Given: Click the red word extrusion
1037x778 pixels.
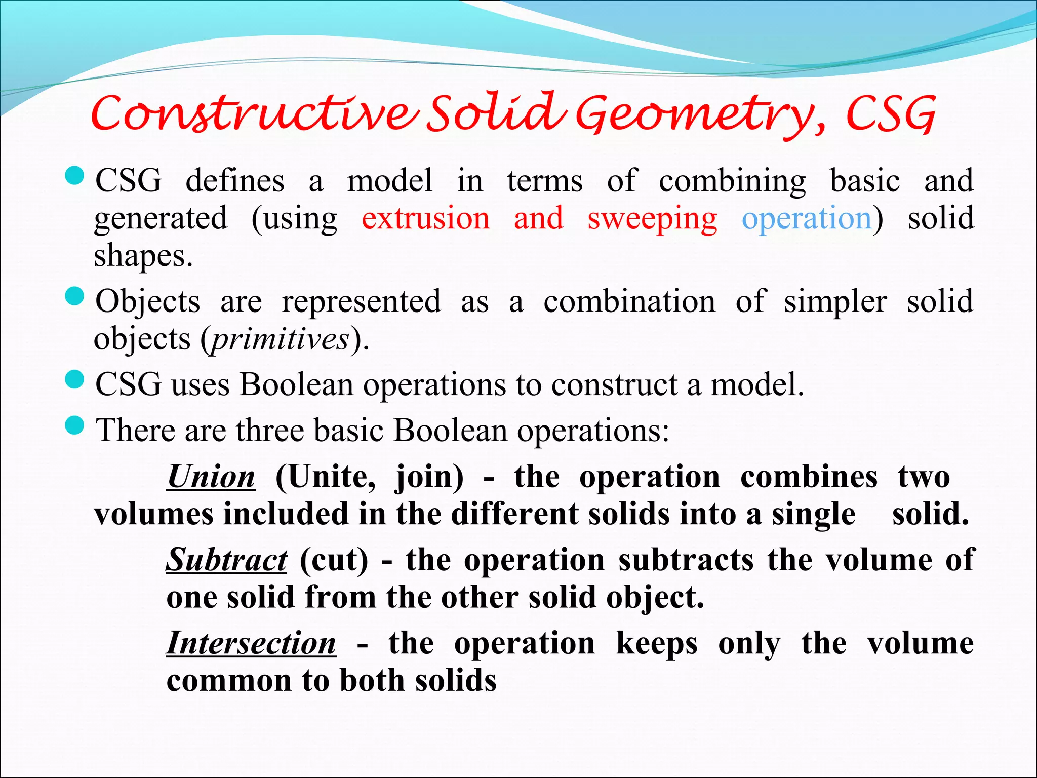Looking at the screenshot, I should (426, 218).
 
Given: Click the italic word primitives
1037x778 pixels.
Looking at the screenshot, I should (280, 339).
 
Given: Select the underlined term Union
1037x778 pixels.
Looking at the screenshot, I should (211, 477).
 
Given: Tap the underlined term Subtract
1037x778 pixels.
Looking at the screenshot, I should (227, 561).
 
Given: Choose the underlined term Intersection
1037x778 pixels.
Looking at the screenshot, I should (251, 644).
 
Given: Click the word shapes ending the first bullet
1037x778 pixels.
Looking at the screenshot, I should (143, 256).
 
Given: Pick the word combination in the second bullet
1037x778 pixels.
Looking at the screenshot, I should (629, 302).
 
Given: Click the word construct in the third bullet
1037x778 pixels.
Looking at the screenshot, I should (614, 385).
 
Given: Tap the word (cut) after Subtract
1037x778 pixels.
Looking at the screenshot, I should (334, 561).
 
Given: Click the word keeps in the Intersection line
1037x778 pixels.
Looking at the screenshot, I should (657, 644).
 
